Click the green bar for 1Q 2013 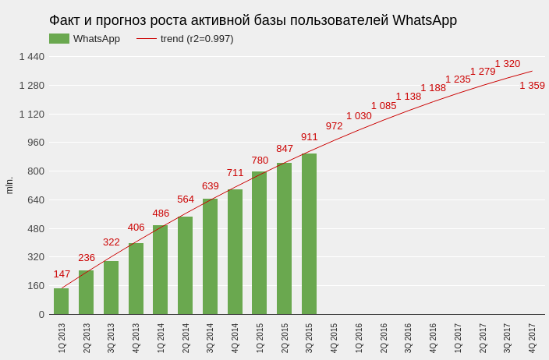click(62, 302)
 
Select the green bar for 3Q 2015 click(309, 234)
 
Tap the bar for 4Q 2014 click(235, 252)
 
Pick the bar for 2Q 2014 click(186, 265)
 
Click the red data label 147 click(62, 274)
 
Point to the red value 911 click(309, 137)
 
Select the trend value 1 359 click(532, 86)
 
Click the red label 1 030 click(359, 116)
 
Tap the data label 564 click(186, 199)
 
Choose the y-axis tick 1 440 click(32, 57)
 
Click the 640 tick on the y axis click(36, 200)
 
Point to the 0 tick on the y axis click(41, 315)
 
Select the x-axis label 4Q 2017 click(532, 338)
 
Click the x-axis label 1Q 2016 click(359, 338)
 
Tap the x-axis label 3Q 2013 click(111, 338)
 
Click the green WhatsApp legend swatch click(59, 38)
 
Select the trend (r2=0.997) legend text click(197, 39)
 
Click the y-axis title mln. click(9, 185)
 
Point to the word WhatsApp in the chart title click(424, 20)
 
